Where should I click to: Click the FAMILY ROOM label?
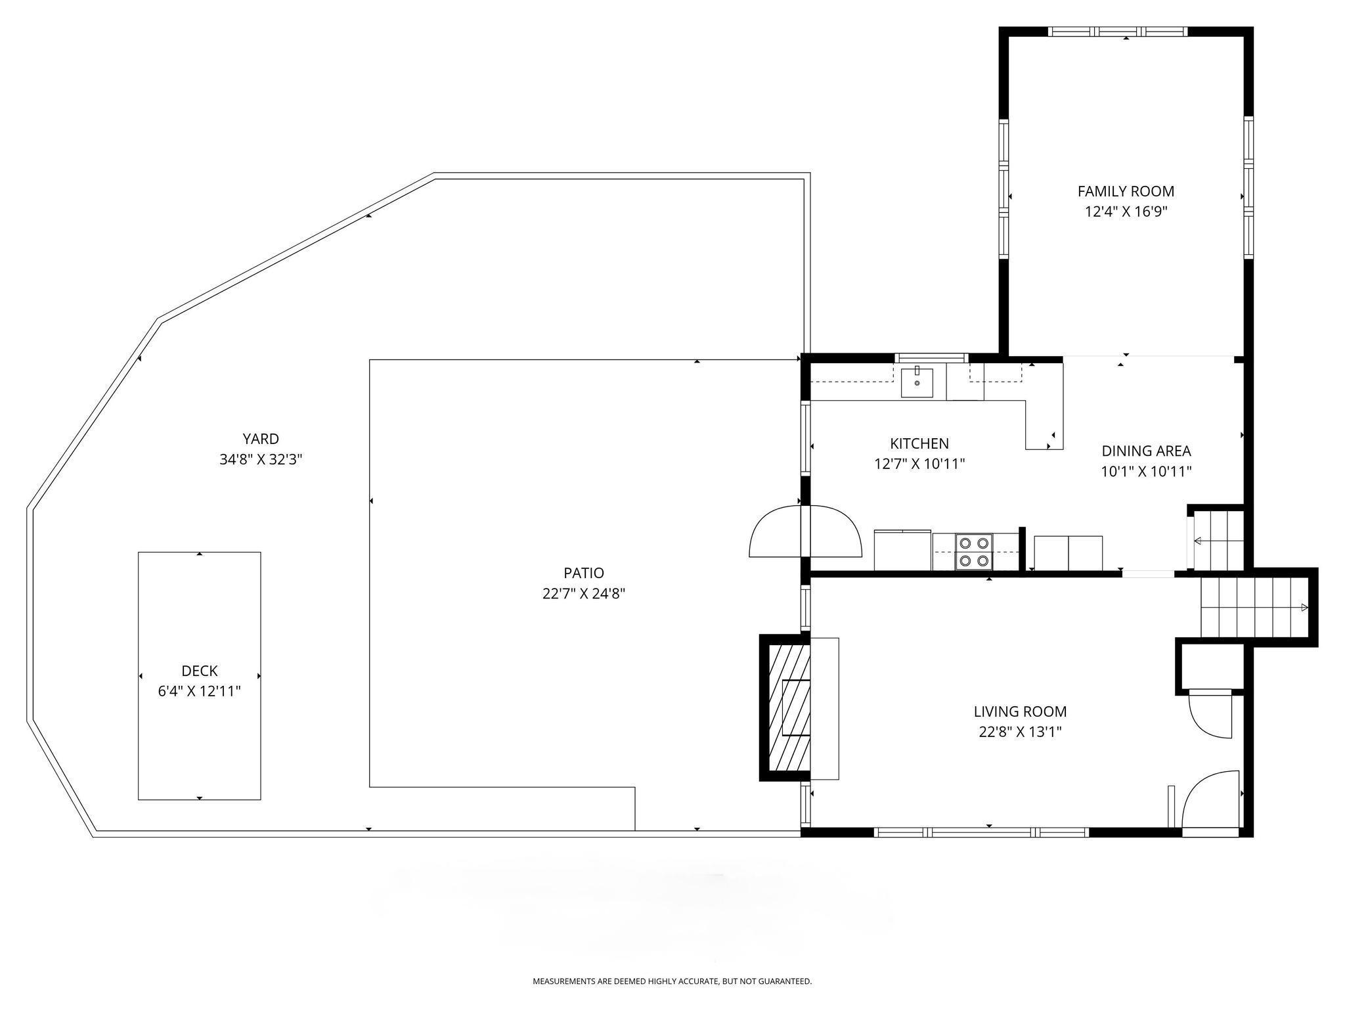click(1126, 191)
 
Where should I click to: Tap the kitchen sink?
click(917, 383)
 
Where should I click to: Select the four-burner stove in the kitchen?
click(974, 552)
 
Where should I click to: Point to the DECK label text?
click(199, 671)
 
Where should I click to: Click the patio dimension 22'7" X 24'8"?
click(583, 594)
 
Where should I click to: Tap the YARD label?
click(261, 439)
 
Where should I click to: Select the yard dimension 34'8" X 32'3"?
click(261, 459)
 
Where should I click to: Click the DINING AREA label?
click(1146, 451)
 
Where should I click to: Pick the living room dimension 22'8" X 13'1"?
click(1020, 732)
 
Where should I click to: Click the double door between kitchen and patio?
click(805, 531)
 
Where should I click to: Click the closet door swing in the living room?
click(1210, 714)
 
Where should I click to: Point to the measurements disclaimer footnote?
click(672, 981)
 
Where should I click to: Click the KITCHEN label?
click(919, 444)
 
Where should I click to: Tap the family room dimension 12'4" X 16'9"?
click(1126, 212)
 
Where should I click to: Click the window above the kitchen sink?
click(931, 358)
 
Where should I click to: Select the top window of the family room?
click(1118, 32)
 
